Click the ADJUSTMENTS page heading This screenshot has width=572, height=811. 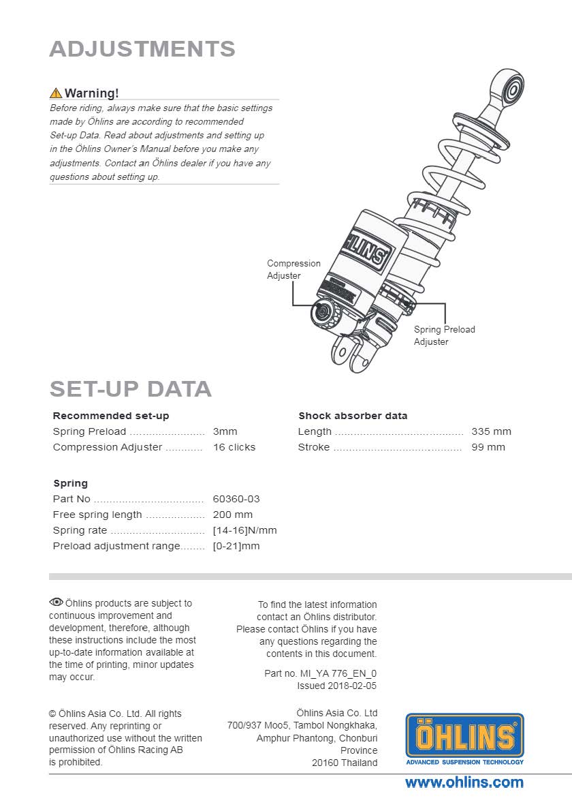coord(142,49)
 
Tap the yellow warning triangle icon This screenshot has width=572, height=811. coord(56,93)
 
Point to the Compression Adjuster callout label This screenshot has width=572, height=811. coord(293,269)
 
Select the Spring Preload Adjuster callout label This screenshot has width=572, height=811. coord(444,335)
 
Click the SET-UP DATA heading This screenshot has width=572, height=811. coord(130,389)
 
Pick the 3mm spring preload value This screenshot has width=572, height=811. coord(225,431)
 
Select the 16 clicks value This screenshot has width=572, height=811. coord(234,447)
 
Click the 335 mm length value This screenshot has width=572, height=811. coord(491,431)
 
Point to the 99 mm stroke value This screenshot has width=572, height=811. coord(488,447)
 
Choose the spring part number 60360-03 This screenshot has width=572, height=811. coord(236,499)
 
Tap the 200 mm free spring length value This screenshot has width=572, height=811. coord(232,515)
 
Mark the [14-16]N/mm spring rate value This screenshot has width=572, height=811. coord(244,530)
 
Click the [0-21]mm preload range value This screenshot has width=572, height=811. coord(236,546)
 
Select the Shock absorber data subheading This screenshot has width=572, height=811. coord(353,416)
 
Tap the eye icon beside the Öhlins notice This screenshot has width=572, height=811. coord(56,602)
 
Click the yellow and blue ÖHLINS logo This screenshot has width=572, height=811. coord(464,736)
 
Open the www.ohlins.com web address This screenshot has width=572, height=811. coord(464,782)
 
